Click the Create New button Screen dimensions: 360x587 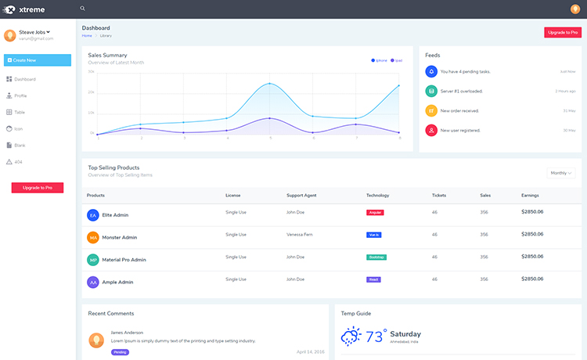(38, 60)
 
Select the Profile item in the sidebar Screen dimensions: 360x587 (20, 95)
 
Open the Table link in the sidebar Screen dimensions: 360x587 (20, 112)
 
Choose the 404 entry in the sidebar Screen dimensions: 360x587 (19, 162)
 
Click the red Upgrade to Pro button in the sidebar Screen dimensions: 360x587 (38, 188)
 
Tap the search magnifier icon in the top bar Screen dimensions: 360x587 (83, 9)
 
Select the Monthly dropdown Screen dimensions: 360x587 (560, 173)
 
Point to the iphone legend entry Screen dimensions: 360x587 (380, 60)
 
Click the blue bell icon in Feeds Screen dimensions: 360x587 (430, 71)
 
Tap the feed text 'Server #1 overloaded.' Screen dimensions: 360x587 (462, 91)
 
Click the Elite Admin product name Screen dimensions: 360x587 (115, 214)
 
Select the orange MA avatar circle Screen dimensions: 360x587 (93, 237)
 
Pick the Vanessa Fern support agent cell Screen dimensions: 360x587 (301, 234)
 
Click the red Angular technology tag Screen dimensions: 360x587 (376, 212)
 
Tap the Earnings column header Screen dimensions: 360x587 (530, 195)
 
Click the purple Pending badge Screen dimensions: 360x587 (120, 352)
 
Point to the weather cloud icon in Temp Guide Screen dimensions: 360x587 (351, 337)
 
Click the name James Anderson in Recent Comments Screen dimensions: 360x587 (127, 333)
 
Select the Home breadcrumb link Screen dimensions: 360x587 (87, 35)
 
